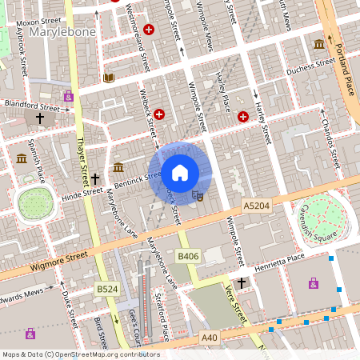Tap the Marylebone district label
pyautogui.click(x=62, y=32)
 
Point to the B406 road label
pyautogui.click(x=187, y=256)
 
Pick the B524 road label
pyautogui.click(x=106, y=288)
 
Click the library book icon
pyautogui.click(x=109, y=78)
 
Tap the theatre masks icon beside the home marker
pyautogui.click(x=199, y=194)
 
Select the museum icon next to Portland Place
pyautogui.click(x=319, y=44)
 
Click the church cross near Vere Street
pyautogui.click(x=242, y=282)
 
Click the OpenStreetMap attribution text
pyautogui.click(x=80, y=354)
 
